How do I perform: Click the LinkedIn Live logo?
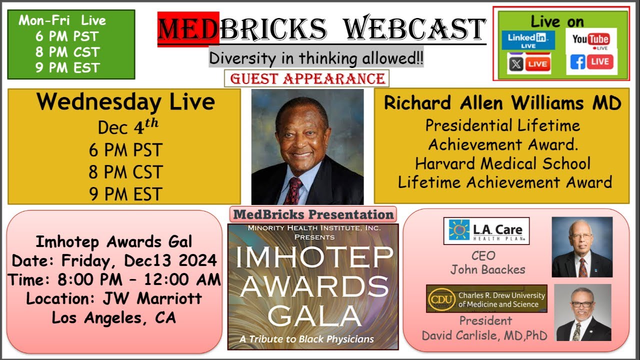click(x=528, y=39)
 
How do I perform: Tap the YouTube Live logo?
click(x=590, y=40)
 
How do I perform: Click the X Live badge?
click(x=529, y=64)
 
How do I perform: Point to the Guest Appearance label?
click(x=306, y=78)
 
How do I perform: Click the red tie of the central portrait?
click(x=293, y=190)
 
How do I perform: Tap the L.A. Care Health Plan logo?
click(x=486, y=230)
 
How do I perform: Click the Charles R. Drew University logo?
click(x=486, y=298)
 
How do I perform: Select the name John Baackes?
click(x=487, y=269)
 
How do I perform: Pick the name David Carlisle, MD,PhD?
click(x=484, y=335)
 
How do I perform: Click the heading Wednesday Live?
click(x=125, y=102)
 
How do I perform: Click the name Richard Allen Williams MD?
click(x=502, y=103)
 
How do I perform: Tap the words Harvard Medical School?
click(x=502, y=163)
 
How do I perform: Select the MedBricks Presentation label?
click(x=313, y=215)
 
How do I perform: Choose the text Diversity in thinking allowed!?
click(x=316, y=58)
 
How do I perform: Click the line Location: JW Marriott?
click(x=114, y=299)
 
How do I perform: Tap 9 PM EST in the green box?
click(x=67, y=67)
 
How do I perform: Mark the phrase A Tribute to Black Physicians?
click(x=306, y=338)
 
